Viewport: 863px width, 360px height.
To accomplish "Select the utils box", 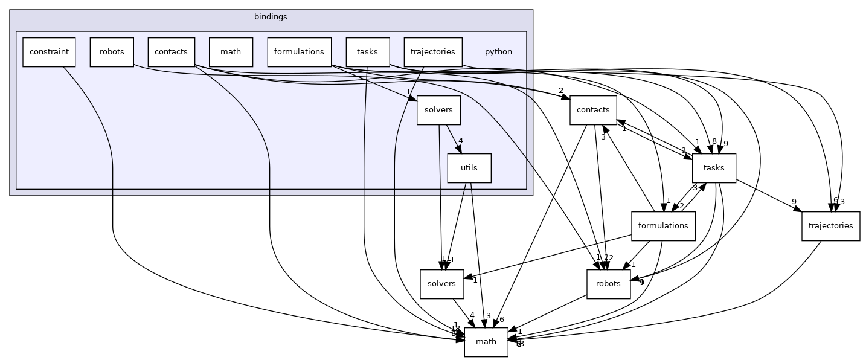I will pyautogui.click(x=469, y=168).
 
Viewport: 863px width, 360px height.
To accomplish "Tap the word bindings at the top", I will pyautogui.click(x=271, y=16).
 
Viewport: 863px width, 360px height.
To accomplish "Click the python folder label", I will pyautogui.click(x=498, y=52).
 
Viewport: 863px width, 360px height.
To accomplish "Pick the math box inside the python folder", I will pyautogui.click(x=231, y=52).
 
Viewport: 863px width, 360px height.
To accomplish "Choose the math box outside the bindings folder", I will pyautogui.click(x=486, y=342).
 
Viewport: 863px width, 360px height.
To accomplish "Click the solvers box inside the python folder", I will pyautogui.click(x=439, y=111).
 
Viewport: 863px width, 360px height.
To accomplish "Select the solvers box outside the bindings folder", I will pyautogui.click(x=441, y=284).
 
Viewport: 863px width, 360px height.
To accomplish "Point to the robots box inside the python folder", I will pyautogui.click(x=112, y=52).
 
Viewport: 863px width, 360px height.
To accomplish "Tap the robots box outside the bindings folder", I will pyautogui.click(x=608, y=284).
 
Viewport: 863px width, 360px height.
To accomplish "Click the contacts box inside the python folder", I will pyautogui.click(x=171, y=52).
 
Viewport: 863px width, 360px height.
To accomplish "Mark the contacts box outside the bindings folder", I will pyautogui.click(x=593, y=110).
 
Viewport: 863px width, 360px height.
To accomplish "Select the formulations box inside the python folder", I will pyautogui.click(x=299, y=52).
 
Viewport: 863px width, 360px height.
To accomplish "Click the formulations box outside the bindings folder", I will pyautogui.click(x=663, y=226).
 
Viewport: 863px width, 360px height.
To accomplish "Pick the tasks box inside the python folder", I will pyautogui.click(x=367, y=52).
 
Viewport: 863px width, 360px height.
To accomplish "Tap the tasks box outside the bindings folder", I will pyautogui.click(x=714, y=168).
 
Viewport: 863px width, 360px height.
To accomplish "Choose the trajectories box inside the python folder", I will pyautogui.click(x=432, y=52).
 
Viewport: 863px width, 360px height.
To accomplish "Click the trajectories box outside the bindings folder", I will pyautogui.click(x=830, y=226).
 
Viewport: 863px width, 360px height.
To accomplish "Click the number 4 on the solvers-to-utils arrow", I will pyautogui.click(x=460, y=141).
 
